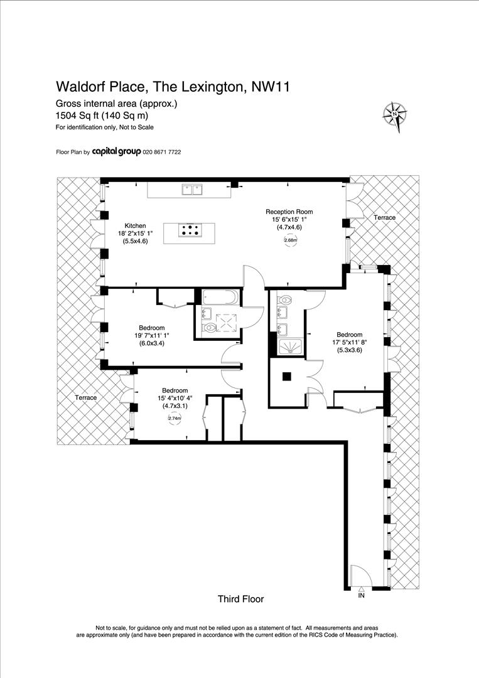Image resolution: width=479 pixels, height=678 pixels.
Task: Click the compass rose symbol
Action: pyautogui.click(x=395, y=114)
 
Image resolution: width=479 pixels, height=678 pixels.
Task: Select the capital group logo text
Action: pyautogui.click(x=116, y=152)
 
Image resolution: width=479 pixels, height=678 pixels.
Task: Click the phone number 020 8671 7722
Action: pyautogui.click(x=162, y=153)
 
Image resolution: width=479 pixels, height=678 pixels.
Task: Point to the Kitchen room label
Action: pyautogui.click(x=135, y=225)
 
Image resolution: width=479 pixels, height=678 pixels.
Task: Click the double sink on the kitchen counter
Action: pyautogui.click(x=192, y=188)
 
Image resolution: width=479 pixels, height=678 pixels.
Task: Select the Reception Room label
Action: pyautogui.click(x=289, y=212)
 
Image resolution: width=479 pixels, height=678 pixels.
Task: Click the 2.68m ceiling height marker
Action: pyautogui.click(x=290, y=240)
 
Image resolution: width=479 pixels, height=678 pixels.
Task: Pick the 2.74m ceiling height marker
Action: pyautogui.click(x=174, y=419)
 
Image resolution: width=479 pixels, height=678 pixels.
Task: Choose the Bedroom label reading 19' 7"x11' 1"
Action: pyautogui.click(x=152, y=328)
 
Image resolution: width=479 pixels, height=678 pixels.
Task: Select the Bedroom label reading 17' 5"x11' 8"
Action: pyautogui.click(x=349, y=335)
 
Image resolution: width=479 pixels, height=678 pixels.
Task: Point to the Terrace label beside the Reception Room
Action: pyautogui.click(x=385, y=217)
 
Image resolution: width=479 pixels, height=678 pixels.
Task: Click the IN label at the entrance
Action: pyautogui.click(x=361, y=595)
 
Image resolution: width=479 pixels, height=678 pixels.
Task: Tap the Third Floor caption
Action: pyautogui.click(x=240, y=599)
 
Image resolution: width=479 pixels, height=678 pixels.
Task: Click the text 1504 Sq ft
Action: pyautogui.click(x=73, y=116)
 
